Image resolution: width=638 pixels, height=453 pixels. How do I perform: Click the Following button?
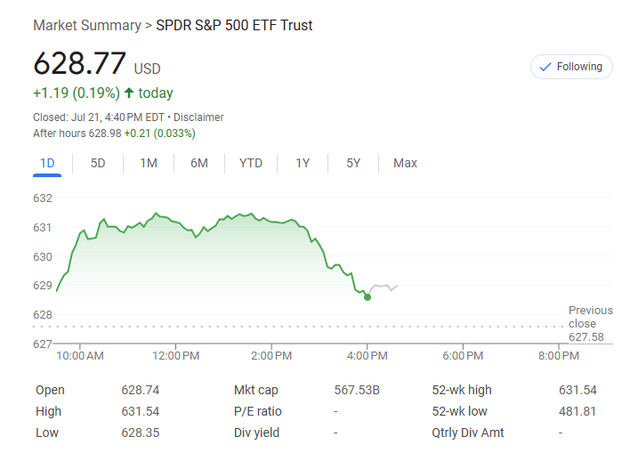pyautogui.click(x=570, y=67)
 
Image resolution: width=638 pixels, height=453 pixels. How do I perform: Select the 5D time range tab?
pyautogui.click(x=98, y=163)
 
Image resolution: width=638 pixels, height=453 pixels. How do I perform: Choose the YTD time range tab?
pyautogui.click(x=251, y=163)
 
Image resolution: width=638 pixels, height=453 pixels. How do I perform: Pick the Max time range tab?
pyautogui.click(x=405, y=163)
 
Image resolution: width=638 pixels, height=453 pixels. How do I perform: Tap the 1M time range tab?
pyautogui.click(x=149, y=163)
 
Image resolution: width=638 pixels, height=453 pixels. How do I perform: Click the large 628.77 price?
pyautogui.click(x=79, y=64)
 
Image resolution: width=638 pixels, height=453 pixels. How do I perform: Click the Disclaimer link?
pyautogui.click(x=198, y=117)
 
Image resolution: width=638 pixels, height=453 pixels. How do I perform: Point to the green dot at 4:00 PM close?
pyautogui.click(x=367, y=297)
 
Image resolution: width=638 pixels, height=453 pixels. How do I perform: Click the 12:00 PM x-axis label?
pyautogui.click(x=174, y=356)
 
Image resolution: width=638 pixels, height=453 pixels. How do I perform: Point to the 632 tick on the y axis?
pyautogui.click(x=43, y=198)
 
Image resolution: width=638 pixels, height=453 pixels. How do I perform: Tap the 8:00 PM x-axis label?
pyautogui.click(x=558, y=356)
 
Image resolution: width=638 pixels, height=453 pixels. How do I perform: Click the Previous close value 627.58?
pyautogui.click(x=586, y=337)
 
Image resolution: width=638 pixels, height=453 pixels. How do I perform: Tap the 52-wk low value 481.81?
pyautogui.click(x=578, y=411)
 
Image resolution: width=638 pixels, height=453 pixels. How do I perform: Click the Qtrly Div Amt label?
pyautogui.click(x=468, y=433)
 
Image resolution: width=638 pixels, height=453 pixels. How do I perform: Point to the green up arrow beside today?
pyautogui.click(x=129, y=93)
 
